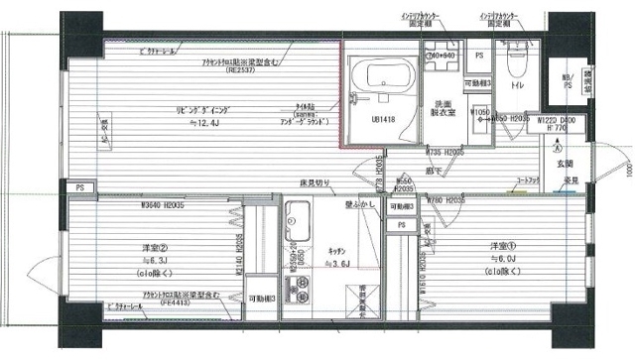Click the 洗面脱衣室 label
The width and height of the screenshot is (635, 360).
443,109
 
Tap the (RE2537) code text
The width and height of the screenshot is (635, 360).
236,70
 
